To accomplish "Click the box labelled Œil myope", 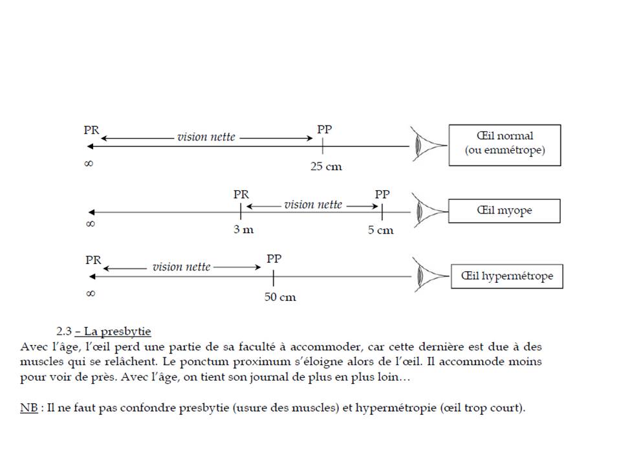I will (505, 210).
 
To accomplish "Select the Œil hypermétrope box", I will (507, 276).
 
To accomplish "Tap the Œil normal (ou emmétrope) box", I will (505, 144).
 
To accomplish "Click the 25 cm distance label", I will (326, 167).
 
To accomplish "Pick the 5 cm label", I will (380, 230).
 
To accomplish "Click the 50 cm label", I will (280, 298).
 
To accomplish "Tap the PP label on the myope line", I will (382, 194).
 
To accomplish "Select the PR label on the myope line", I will (241, 194).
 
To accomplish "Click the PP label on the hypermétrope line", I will (274, 259).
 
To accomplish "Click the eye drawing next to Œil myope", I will (424, 211).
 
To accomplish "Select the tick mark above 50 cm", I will (274, 278).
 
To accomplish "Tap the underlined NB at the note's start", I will (28, 408).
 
